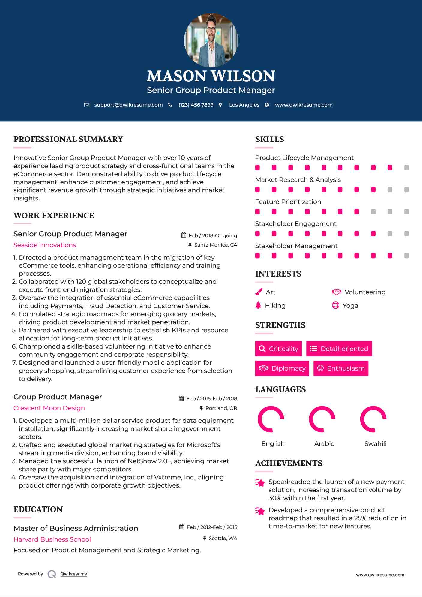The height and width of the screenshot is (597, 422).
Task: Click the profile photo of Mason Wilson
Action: click(211, 40)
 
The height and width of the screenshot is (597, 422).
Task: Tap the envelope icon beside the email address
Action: click(87, 105)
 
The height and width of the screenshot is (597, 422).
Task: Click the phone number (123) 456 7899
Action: click(196, 105)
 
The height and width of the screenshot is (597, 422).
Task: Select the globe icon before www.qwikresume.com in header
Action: click(267, 105)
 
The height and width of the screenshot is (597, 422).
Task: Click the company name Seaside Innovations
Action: click(45, 245)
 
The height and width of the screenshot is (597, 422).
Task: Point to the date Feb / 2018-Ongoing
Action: click(212, 235)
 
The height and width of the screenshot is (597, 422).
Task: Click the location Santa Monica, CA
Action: click(215, 245)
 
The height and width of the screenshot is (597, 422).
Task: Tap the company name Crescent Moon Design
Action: click(49, 408)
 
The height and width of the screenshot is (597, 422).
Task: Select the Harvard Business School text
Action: click(52, 539)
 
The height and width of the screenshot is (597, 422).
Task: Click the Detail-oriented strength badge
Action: click(339, 349)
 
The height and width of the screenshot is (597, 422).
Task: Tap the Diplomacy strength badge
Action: click(282, 368)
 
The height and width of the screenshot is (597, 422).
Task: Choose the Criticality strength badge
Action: click(278, 349)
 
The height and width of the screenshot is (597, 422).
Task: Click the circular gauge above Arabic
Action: click(322, 419)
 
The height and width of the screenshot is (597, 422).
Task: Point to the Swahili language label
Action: click(375, 444)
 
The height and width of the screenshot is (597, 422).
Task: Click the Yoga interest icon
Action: click(335, 306)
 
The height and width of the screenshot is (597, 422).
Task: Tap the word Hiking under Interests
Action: click(275, 306)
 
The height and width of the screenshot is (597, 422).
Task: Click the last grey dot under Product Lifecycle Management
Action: click(406, 168)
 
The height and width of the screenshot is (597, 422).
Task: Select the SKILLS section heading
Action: click(269, 139)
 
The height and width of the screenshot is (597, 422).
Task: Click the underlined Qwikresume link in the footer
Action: click(74, 574)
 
